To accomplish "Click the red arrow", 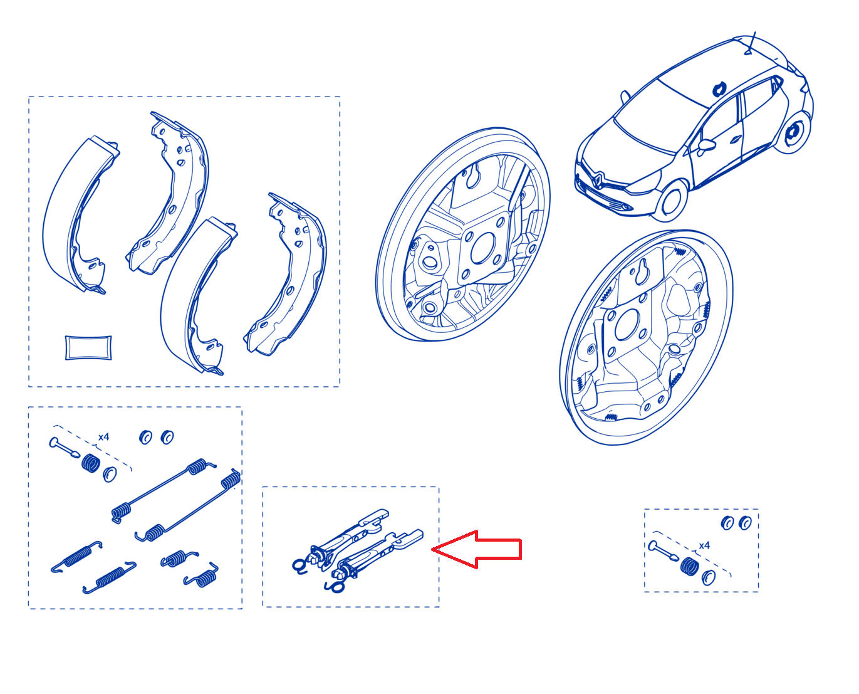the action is click(x=477, y=549).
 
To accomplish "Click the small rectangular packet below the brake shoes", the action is click(x=88, y=347).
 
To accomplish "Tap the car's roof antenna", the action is click(x=751, y=43).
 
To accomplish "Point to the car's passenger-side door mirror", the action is click(x=707, y=145).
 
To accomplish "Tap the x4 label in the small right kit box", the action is click(x=704, y=545).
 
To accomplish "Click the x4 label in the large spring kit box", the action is click(x=103, y=437).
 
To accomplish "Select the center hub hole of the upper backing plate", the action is click(x=482, y=248).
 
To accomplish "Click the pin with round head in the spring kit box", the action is click(x=64, y=448).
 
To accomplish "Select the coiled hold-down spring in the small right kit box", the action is click(x=689, y=565).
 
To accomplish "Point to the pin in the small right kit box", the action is click(x=663, y=551).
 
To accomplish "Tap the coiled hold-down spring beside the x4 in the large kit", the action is click(x=91, y=463).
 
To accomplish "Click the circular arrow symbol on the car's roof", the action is click(x=719, y=89).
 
